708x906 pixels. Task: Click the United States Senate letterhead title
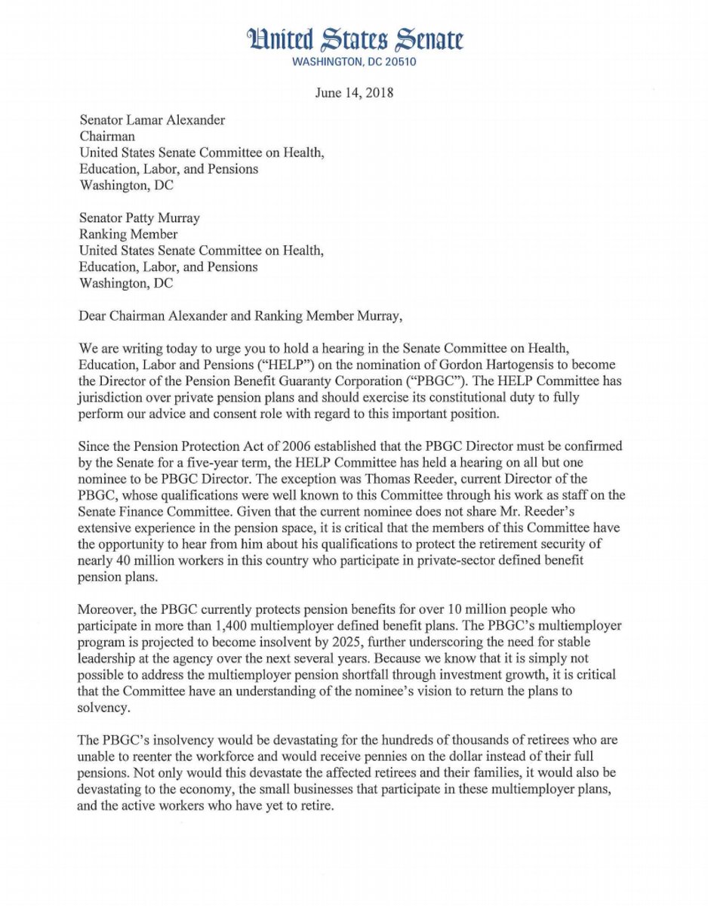coord(354,39)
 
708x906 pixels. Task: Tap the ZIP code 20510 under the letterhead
coord(399,62)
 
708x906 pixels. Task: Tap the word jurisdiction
coord(112,398)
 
